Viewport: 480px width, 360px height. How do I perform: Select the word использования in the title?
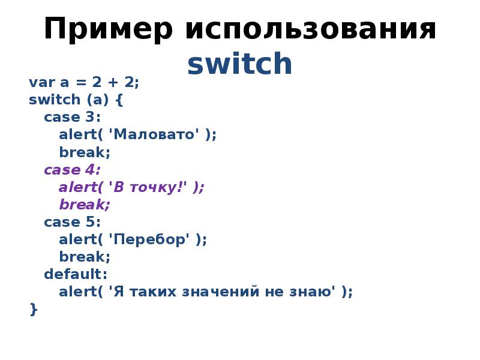coord(310,29)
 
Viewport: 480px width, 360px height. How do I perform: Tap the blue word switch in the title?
coord(239,65)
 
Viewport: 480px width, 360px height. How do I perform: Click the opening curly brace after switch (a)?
coord(118,100)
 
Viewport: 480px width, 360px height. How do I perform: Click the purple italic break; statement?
coord(85,205)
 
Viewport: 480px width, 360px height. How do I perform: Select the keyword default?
coord(76,275)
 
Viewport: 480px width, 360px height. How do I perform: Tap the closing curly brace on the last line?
coord(33,310)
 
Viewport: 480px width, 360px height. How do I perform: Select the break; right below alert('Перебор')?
coord(85,257)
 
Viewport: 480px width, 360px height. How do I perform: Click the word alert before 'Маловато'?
coord(74,134)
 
